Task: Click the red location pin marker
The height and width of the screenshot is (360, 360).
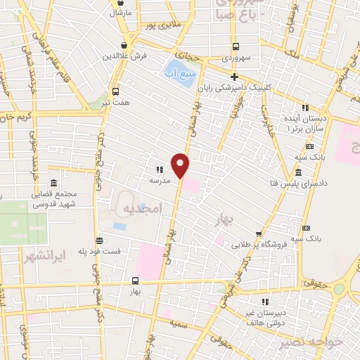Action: (181, 165)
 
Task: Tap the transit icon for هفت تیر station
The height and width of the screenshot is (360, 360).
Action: (115, 91)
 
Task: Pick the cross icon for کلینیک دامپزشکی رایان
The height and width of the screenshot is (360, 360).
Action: (234, 77)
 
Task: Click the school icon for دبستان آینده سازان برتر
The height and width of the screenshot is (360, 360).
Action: (304, 108)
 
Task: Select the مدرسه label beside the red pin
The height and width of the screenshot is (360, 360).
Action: (160, 180)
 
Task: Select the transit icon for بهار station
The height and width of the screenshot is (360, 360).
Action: (135, 280)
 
